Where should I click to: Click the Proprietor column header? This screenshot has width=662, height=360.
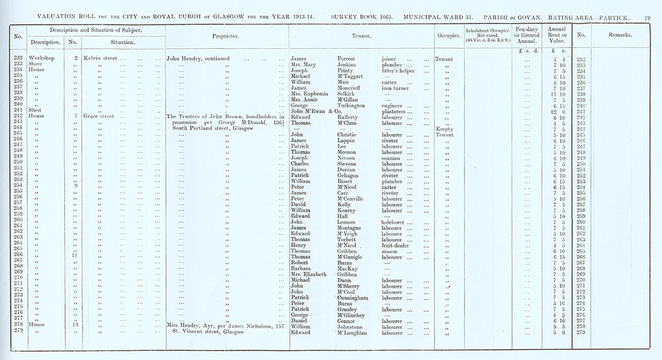(x=227, y=35)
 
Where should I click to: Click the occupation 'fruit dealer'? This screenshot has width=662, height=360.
(x=398, y=246)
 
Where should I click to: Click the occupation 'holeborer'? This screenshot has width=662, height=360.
(x=397, y=222)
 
